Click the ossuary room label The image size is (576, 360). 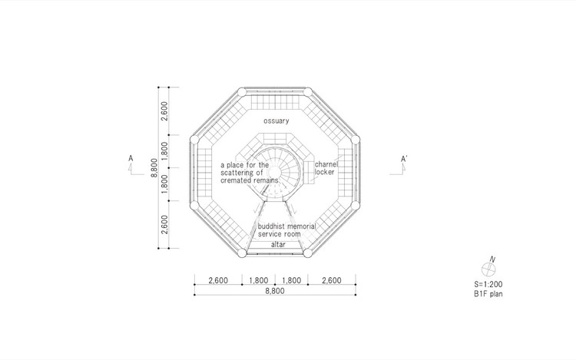tap(276, 121)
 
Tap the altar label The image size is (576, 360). tap(278, 244)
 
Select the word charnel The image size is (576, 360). tap(326, 164)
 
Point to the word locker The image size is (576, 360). tap(324, 172)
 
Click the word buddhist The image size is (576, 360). tap(271, 226)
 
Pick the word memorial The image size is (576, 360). tap(301, 226)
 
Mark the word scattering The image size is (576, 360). tap(237, 173)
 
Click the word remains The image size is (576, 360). tap(265, 180)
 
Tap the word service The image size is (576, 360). tap(270, 234)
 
